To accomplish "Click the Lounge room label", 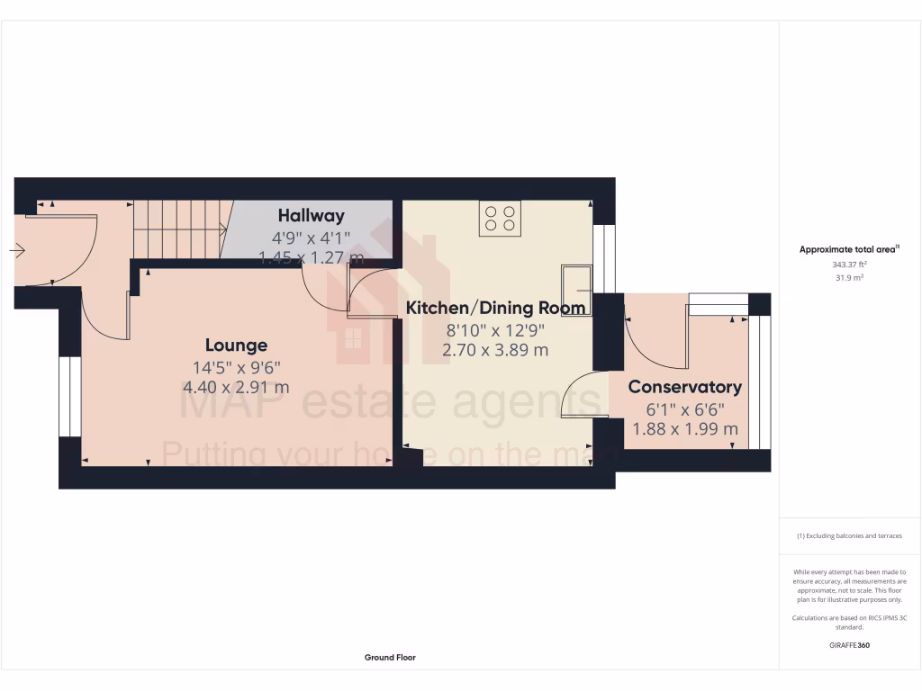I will click(236, 345).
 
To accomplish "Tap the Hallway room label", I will click(312, 216).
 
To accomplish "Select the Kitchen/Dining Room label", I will click(496, 308).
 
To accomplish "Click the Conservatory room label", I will click(684, 387).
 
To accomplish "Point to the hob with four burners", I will click(501, 218).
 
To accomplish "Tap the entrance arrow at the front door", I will click(18, 251).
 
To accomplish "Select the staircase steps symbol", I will click(177, 229).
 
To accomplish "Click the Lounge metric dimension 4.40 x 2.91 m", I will click(236, 388).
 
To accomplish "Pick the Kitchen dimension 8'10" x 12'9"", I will click(496, 330).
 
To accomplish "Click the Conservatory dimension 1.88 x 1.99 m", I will click(684, 429).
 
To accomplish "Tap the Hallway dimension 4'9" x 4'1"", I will click(312, 238).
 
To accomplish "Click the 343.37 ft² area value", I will click(849, 265).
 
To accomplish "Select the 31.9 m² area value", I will click(849, 278).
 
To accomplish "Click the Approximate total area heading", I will click(849, 250).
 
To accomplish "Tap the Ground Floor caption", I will click(390, 658).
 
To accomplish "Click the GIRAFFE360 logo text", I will click(849, 645).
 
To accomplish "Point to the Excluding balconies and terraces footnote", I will click(849, 536).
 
